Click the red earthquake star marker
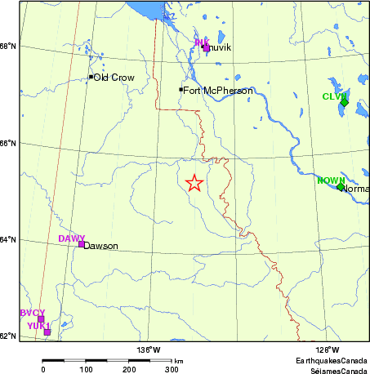click(194, 183)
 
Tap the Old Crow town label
click(114, 78)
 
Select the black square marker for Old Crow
click(91, 77)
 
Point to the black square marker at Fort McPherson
click(181, 89)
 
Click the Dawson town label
click(100, 246)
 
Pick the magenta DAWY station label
click(71, 238)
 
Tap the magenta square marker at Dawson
click(81, 243)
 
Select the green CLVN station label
click(334, 96)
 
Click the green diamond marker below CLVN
click(345, 103)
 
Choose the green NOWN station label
click(330, 180)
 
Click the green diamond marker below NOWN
click(341, 187)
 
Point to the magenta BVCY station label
click(32, 313)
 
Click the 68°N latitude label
click(7, 46)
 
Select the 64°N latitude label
click(7, 239)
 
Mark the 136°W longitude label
click(149, 350)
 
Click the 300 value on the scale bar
click(172, 369)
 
